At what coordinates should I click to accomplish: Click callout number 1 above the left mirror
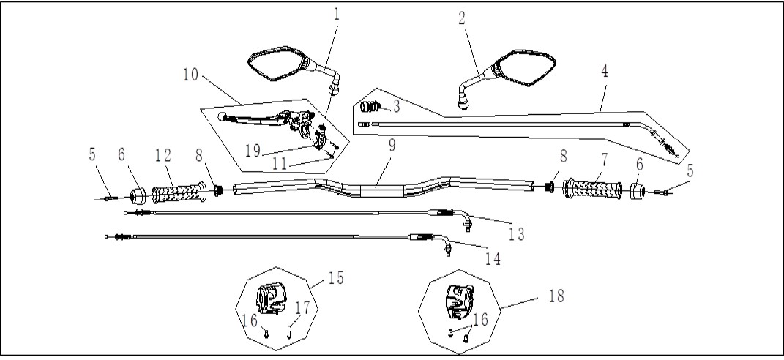337,14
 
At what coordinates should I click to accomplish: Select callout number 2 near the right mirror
461,19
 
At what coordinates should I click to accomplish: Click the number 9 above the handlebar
392,146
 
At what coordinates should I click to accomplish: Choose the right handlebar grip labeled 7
592,189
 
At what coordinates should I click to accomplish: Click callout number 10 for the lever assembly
190,75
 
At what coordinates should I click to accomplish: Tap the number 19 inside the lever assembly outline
253,151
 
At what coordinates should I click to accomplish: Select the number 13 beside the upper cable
517,233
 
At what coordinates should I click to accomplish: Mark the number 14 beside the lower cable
493,258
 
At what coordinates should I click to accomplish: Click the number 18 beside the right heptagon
556,296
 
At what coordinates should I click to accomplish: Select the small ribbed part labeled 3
370,107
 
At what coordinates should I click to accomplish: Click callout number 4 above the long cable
605,72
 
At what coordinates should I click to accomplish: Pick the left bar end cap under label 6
138,196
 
